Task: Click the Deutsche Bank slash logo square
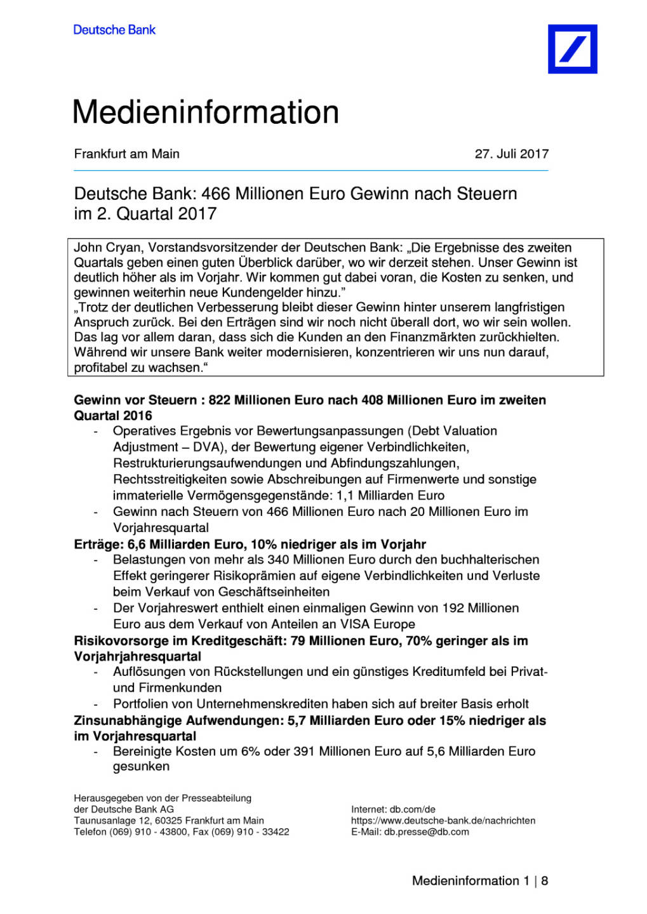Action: pyautogui.click(x=572, y=49)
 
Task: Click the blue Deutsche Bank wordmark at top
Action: pyautogui.click(x=114, y=30)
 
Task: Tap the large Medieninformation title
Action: pyautogui.click(x=206, y=112)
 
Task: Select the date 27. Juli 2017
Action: pyautogui.click(x=511, y=154)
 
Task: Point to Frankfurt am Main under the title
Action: pyautogui.click(x=127, y=154)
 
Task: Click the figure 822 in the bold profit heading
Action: pyautogui.click(x=219, y=400)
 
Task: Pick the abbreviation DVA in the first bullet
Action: pyautogui.click(x=206, y=447)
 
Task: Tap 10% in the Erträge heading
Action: pyautogui.click(x=263, y=544)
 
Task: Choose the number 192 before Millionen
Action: pyautogui.click(x=454, y=607)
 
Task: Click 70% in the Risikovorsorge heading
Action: pyautogui.click(x=418, y=640)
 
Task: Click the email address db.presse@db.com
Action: pyautogui.click(x=426, y=831)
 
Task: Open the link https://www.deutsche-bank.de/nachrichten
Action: pyautogui.click(x=443, y=820)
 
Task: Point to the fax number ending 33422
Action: pyautogui.click(x=276, y=831)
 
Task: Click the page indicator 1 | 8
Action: pyautogui.click(x=536, y=880)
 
